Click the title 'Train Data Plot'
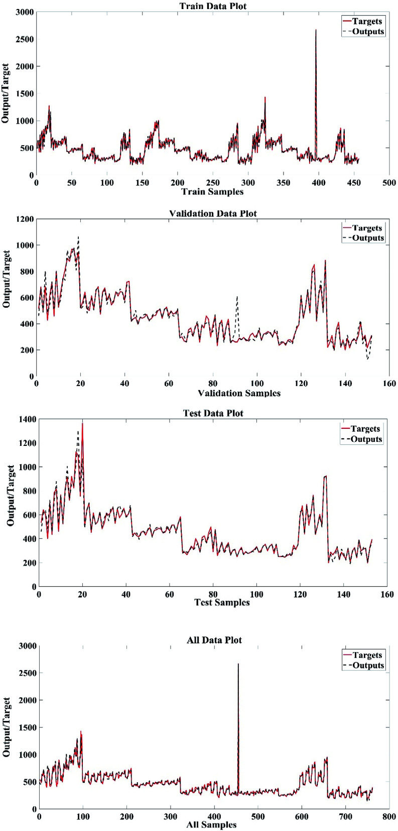pos(213,6)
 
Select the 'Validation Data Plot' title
pos(213,213)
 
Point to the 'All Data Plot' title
pos(214,640)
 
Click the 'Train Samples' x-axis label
pos(212,192)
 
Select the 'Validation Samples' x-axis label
pos(239,393)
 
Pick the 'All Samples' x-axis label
pos(211,824)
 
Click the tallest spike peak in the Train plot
pos(316,30)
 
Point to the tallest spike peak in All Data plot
pos(238,664)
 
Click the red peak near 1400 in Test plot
pos(82,423)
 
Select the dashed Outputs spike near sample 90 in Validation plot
pos(237,297)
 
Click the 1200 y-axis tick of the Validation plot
pos(25,219)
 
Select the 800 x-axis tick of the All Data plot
pos(389,817)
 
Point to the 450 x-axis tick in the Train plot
pos(354,183)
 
